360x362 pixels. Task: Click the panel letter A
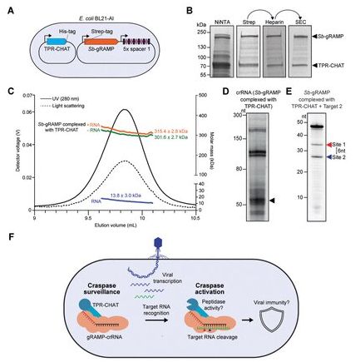coord(7,11)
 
